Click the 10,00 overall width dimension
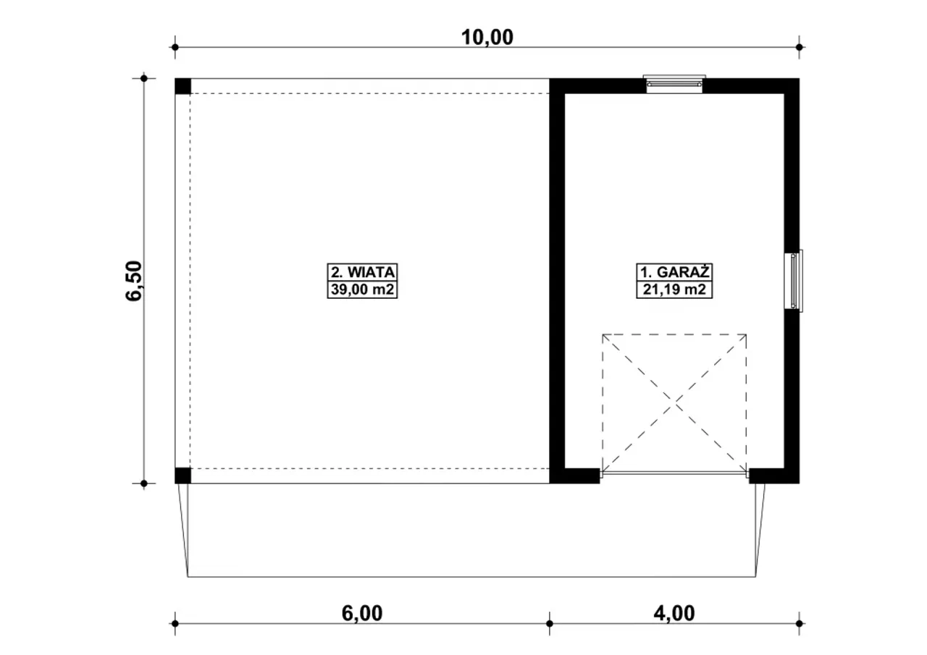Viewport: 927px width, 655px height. (487, 37)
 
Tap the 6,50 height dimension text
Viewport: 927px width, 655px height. (134, 281)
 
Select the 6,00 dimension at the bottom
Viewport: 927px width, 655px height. (362, 613)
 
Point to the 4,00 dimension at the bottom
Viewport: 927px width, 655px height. (674, 613)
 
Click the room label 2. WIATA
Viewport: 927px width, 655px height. (363, 273)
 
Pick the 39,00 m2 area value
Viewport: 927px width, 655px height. (363, 290)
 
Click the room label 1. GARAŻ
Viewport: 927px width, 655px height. (674, 272)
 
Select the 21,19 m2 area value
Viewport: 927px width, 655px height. (674, 290)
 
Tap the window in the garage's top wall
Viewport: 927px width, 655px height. (674, 85)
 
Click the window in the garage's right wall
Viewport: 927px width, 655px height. (793, 281)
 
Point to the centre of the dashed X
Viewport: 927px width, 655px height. (675, 402)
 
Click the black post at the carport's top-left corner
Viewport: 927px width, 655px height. (183, 86)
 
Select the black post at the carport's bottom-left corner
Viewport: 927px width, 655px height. (183, 476)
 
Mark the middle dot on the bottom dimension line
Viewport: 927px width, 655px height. (550, 624)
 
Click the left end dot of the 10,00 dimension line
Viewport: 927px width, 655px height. (175, 47)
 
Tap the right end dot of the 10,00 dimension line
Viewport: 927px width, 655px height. (799, 47)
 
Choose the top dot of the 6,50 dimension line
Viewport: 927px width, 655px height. (144, 78)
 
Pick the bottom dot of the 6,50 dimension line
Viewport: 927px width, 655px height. (144, 483)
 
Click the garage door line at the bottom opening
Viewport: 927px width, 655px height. (674, 472)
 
